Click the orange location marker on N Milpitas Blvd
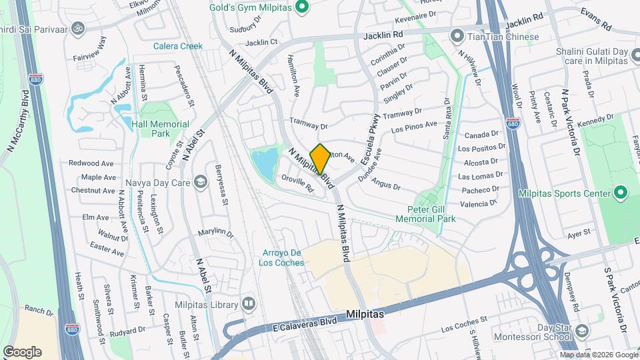(321, 159)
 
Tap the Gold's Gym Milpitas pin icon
(301, 7)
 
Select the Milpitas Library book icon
(249, 305)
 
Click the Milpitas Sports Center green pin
(621, 193)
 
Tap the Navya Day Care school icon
(200, 182)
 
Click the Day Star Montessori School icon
(582, 331)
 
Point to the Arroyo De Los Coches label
(283, 258)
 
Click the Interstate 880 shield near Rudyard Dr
(72, 329)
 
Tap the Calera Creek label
(177, 46)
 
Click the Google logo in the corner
(22, 351)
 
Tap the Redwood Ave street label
(92, 163)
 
